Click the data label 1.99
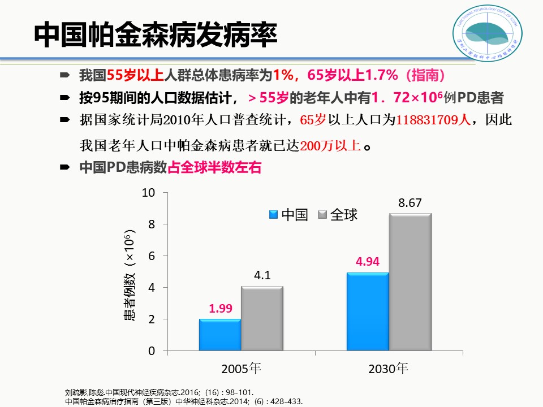[221, 309]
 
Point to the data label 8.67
[410, 203]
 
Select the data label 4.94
[368, 262]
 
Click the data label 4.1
[262, 276]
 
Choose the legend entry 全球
[338, 215]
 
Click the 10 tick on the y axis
[149, 193]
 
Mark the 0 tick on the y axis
[152, 351]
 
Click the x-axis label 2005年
[242, 369]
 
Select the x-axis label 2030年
[388, 369]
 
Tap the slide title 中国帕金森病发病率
[156, 36]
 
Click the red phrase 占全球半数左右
[216, 168]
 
